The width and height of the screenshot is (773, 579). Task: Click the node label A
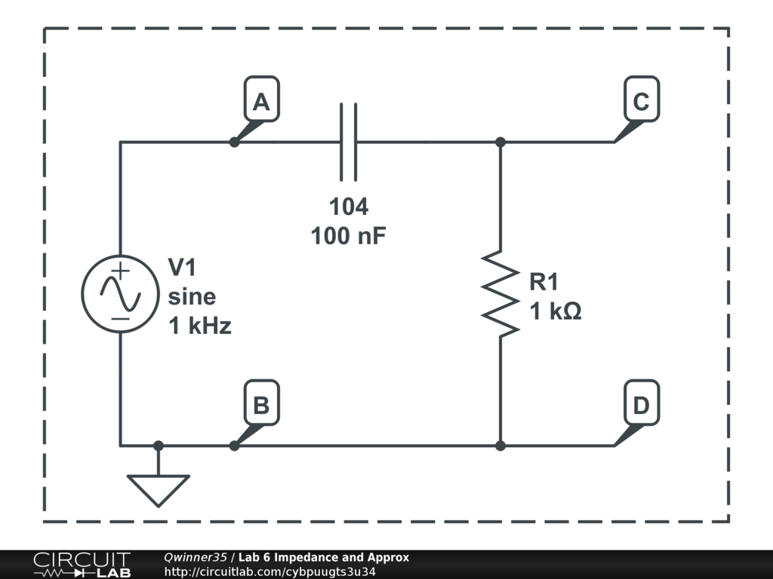[x=261, y=103]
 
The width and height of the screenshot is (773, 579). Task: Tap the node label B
[x=261, y=406]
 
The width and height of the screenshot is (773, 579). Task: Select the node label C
[x=641, y=103]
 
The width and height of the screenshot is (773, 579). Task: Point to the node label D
[x=641, y=406]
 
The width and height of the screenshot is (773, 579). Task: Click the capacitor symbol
[x=348, y=142]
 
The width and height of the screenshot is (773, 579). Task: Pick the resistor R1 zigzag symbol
[x=500, y=293]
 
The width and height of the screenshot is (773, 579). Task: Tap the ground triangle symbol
[x=158, y=489]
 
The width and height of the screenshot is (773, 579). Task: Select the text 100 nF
[x=348, y=236]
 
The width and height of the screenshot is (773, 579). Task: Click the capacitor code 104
[x=348, y=207]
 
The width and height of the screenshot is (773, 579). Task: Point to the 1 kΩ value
[x=555, y=311]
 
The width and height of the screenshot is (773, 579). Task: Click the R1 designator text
[x=544, y=282]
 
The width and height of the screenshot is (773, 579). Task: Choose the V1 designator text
[x=182, y=267]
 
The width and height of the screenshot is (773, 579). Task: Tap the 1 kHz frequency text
[x=199, y=326]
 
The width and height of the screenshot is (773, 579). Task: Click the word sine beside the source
[x=191, y=296]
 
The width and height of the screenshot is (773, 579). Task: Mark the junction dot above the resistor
[x=500, y=142]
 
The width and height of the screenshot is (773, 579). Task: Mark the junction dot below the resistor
[x=500, y=446]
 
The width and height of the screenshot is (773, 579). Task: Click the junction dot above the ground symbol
[x=158, y=446]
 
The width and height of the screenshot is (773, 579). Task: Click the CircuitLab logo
[x=82, y=565]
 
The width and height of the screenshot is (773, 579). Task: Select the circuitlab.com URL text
[x=269, y=571]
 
